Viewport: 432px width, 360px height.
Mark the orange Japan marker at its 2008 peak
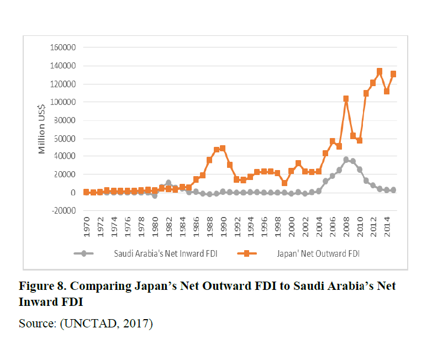[346, 99]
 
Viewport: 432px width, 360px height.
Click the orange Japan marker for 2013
[380, 71]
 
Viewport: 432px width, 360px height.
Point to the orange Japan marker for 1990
[223, 148]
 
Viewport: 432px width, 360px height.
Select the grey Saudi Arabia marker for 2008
[346, 160]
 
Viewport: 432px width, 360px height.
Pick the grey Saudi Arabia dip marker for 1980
[155, 196]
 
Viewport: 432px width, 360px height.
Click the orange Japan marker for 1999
[284, 183]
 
